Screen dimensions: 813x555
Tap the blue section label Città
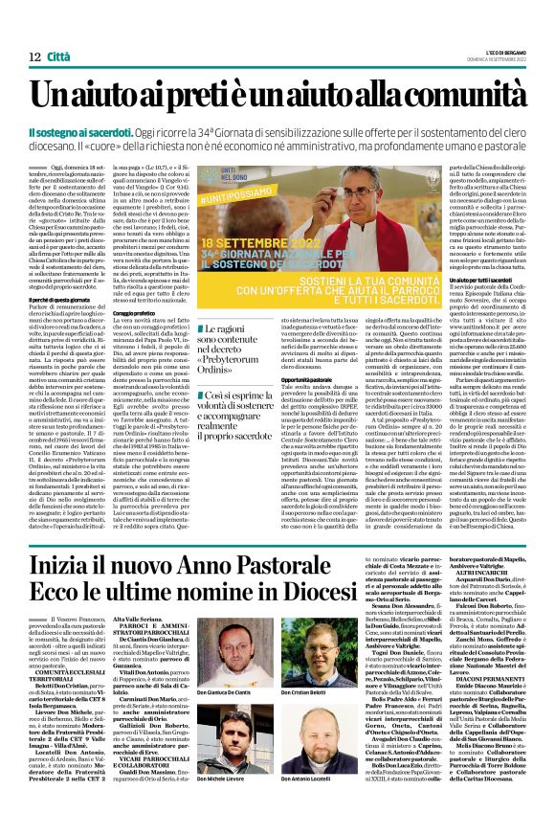[x=49, y=32]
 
